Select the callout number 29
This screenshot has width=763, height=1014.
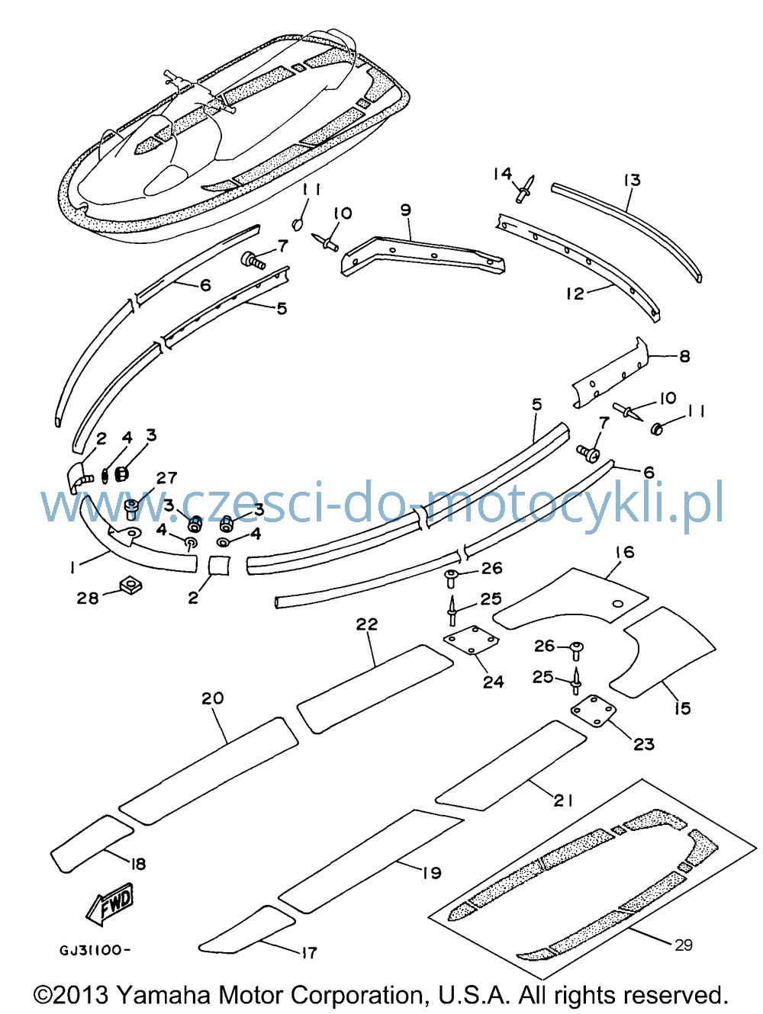coord(684,945)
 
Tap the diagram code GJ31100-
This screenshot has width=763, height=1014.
coord(95,950)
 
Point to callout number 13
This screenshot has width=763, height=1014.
coord(633,180)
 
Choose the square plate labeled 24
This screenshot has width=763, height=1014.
coord(472,640)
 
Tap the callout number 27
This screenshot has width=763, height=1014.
coord(166,477)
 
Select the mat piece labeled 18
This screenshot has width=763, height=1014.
coord(92,842)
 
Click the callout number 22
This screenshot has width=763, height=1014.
coord(367,624)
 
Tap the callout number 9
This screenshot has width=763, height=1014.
coord(405,210)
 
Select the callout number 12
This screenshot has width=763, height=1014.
coord(575,294)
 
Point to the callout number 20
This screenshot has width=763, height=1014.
coord(213,698)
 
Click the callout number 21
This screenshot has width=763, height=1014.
coord(563,800)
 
